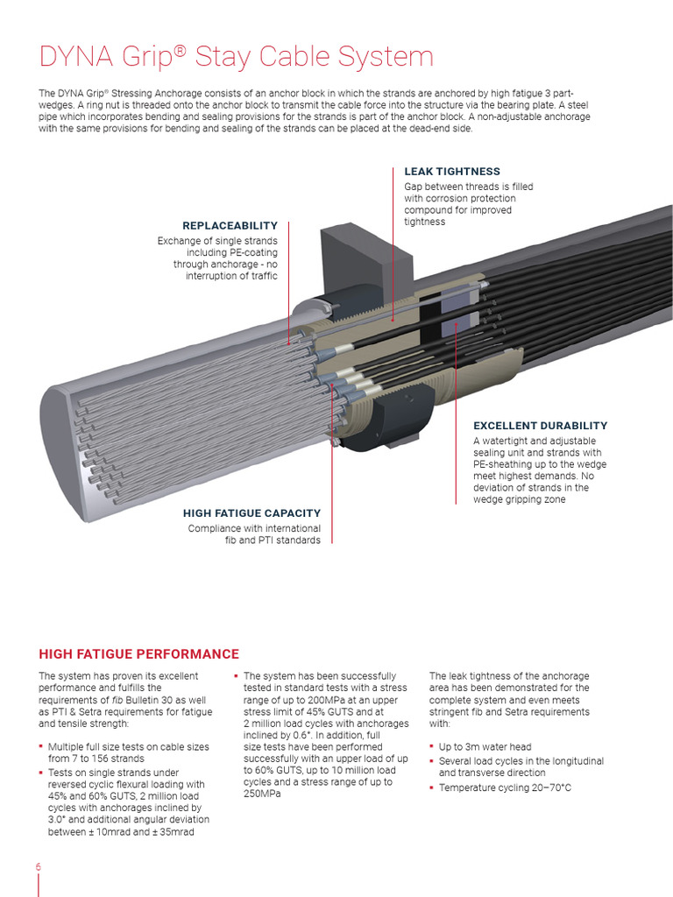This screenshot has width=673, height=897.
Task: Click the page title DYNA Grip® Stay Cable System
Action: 237,57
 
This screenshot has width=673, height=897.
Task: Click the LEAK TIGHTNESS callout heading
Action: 452,172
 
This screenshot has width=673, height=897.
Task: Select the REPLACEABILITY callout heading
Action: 230,226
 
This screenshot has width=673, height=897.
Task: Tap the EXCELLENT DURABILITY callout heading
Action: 540,426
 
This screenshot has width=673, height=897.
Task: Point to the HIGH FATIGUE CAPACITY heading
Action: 251,513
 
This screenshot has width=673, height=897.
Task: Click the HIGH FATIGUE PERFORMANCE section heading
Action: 138,654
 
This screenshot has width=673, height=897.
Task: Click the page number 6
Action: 39,867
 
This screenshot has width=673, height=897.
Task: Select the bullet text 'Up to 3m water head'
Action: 485,747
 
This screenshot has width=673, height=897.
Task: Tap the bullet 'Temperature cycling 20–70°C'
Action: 505,788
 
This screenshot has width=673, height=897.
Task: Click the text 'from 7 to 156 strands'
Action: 96,759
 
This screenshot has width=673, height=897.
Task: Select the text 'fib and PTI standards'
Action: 273,540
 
